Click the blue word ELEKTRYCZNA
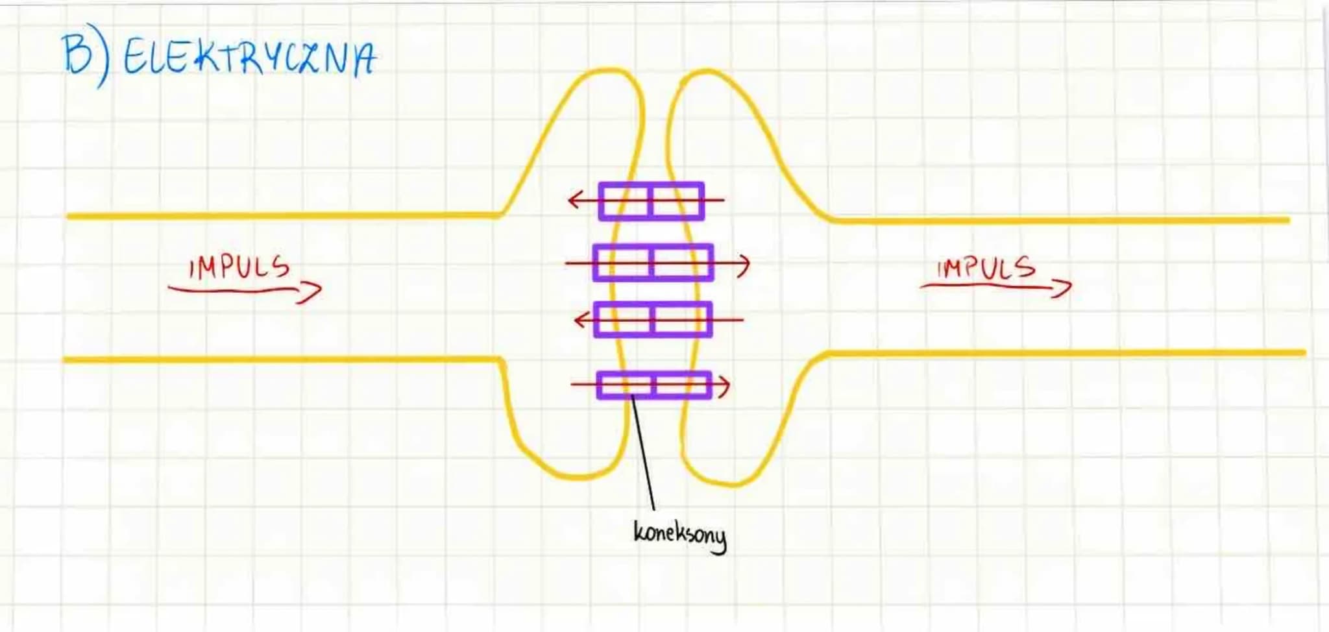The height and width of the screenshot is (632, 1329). [x=249, y=57]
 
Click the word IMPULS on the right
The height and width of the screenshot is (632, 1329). [x=986, y=267]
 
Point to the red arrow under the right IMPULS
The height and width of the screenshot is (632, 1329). [x=996, y=286]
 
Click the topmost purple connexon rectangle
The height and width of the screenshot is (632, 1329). [x=652, y=201]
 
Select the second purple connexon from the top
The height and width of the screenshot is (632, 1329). [x=653, y=263]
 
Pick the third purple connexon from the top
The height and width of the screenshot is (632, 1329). [x=653, y=319]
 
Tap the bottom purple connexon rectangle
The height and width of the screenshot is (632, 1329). [x=654, y=385]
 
